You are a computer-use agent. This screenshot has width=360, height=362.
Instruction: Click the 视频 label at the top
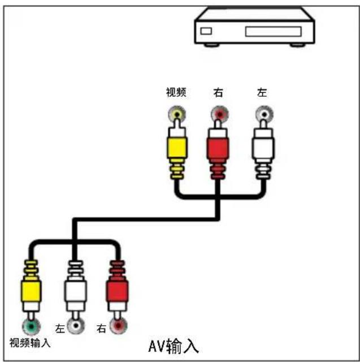[176, 93]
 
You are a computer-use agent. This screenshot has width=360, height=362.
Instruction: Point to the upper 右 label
[218, 93]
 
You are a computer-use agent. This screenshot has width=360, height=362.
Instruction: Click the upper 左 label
[262, 93]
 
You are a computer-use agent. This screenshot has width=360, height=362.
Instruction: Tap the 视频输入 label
[30, 342]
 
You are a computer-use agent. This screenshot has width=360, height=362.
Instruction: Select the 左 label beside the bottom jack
[60, 328]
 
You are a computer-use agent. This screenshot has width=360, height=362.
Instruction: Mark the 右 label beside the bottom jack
[102, 328]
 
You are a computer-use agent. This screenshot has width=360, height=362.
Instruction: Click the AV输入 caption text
[174, 345]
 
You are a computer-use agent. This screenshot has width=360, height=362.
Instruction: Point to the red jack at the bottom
[118, 326]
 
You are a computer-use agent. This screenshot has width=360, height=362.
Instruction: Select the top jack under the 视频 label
[176, 115]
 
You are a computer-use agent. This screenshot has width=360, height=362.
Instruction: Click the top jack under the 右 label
[219, 115]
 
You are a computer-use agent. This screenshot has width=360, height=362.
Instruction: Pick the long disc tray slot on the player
[273, 31]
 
